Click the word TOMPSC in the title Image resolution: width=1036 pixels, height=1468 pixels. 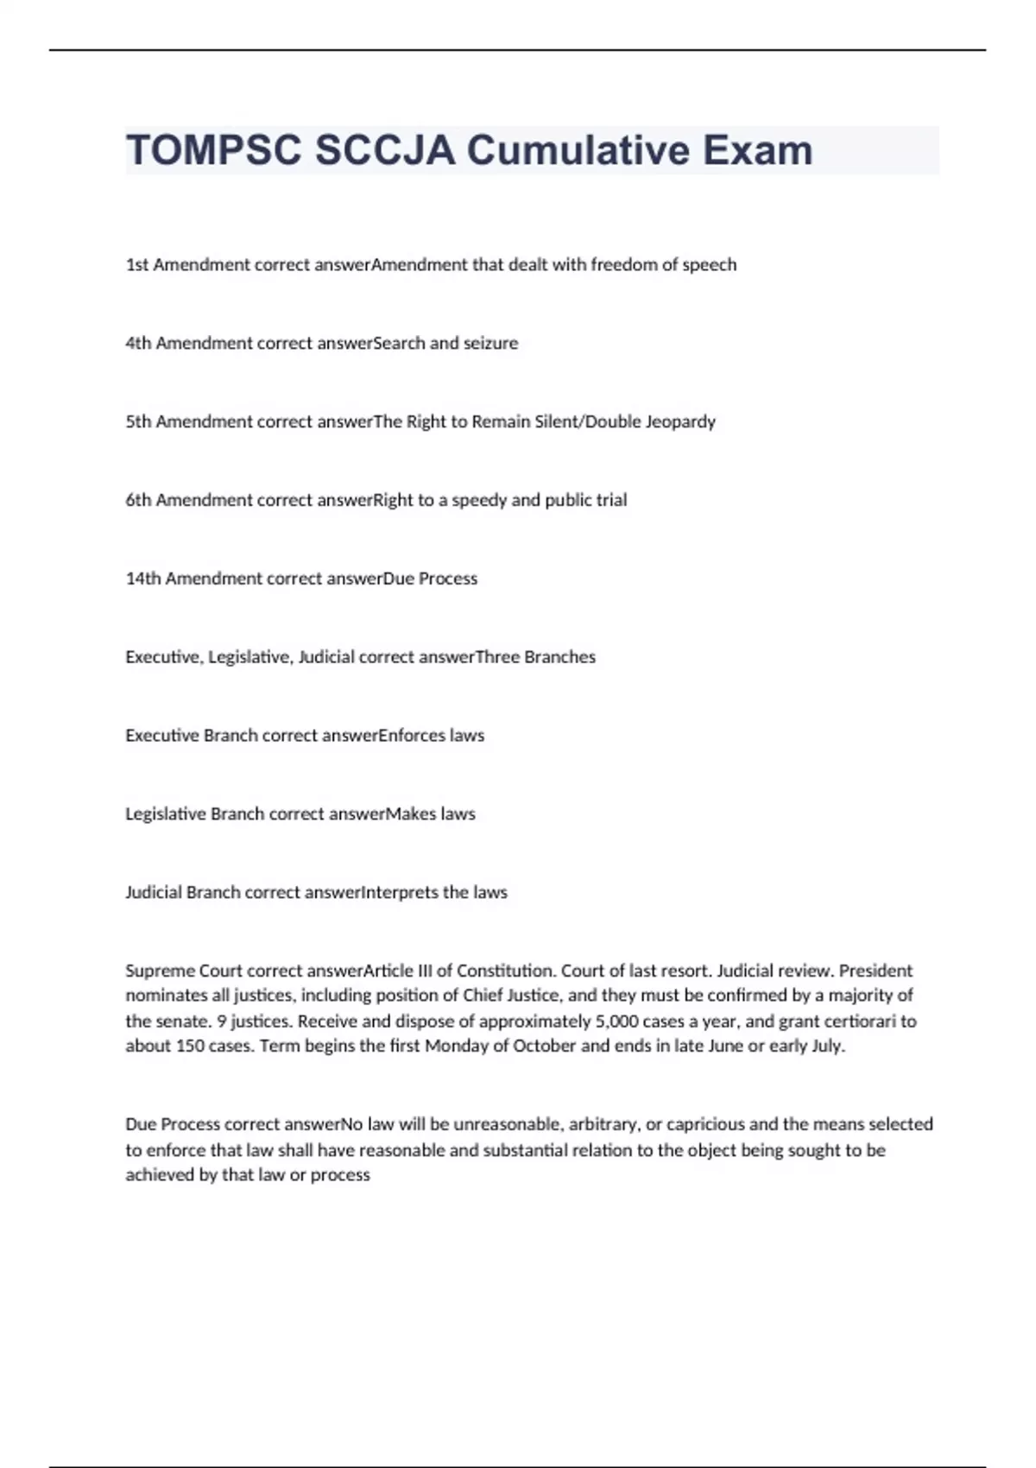tap(214, 151)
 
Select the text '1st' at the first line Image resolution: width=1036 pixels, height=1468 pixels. tap(137, 265)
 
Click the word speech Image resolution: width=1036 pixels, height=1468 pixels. tap(710, 265)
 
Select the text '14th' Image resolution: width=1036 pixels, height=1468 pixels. tap(143, 579)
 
